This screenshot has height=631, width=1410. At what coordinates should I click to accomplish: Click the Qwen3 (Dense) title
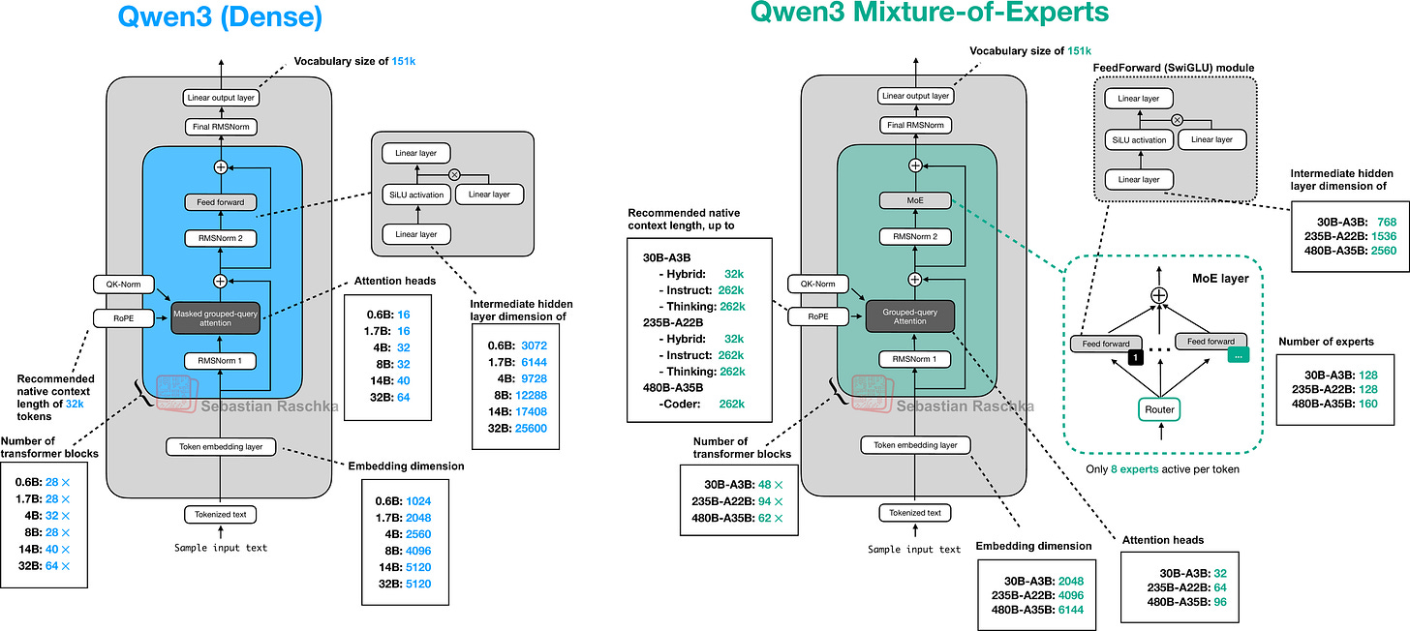pos(220,16)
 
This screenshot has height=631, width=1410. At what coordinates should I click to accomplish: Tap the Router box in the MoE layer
pos(1159,410)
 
